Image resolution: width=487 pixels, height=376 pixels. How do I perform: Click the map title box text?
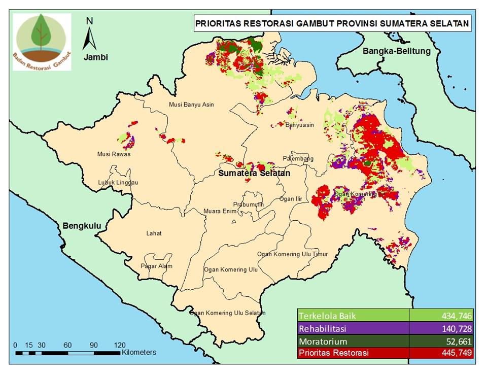[331, 23]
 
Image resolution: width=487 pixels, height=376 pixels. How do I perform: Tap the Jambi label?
[96, 57]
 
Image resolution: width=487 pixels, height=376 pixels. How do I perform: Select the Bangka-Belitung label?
[396, 51]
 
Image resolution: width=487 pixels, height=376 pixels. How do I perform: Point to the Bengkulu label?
[83, 225]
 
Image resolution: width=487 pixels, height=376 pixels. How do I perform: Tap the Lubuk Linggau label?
[118, 182]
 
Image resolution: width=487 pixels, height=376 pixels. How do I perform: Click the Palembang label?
[298, 159]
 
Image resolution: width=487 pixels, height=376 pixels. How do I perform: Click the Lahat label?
[154, 233]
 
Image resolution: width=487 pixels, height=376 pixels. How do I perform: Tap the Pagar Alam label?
[156, 266]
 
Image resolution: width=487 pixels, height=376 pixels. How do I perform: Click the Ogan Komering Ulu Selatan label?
[227, 313]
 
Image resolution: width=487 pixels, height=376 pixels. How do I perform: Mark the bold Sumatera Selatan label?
[255, 174]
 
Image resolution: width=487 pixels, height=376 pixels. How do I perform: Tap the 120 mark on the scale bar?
[120, 345]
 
